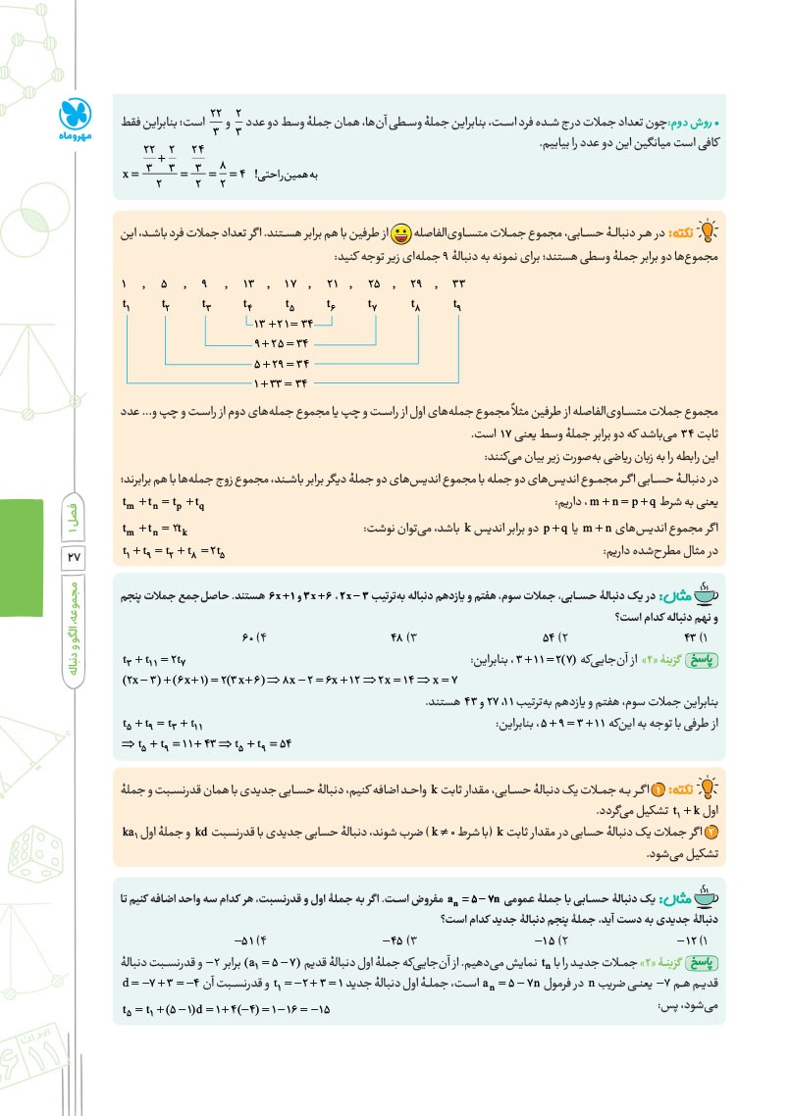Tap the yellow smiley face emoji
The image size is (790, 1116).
click(400, 235)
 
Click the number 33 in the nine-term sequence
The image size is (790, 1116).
click(457, 284)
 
